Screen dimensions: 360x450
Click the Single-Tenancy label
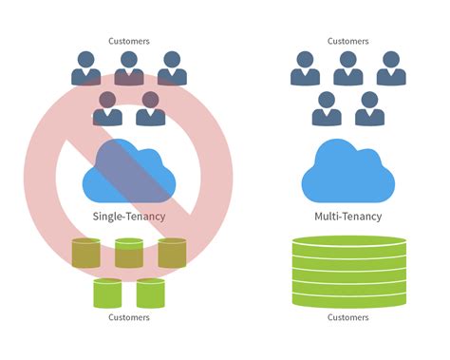pyautogui.click(x=129, y=217)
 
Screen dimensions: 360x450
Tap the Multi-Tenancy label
pyautogui.click(x=347, y=217)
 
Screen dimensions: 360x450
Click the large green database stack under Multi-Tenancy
pyautogui.click(x=347, y=271)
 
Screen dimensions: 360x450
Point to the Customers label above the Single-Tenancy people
pyautogui.click(x=129, y=41)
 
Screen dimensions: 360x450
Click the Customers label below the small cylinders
pyautogui.click(x=129, y=317)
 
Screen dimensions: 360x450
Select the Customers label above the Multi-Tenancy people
pyautogui.click(x=347, y=41)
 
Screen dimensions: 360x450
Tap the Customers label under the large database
pyautogui.click(x=347, y=317)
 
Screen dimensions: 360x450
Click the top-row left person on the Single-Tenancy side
pyautogui.click(x=86, y=69)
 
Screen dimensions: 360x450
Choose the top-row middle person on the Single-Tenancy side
pyautogui.click(x=129, y=69)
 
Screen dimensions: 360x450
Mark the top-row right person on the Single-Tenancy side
pyautogui.click(x=172, y=69)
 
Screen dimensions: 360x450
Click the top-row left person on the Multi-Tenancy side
pyautogui.click(x=305, y=69)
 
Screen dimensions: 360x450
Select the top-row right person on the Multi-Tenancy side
pyautogui.click(x=390, y=69)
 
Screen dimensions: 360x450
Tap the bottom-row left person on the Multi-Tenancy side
pyautogui.click(x=326, y=109)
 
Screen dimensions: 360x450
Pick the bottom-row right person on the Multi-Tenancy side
pyautogui.click(x=369, y=109)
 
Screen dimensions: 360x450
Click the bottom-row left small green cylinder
pyautogui.click(x=107, y=293)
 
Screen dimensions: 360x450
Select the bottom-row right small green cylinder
pyautogui.click(x=151, y=293)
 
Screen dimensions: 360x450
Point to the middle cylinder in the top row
pyautogui.click(x=129, y=253)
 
